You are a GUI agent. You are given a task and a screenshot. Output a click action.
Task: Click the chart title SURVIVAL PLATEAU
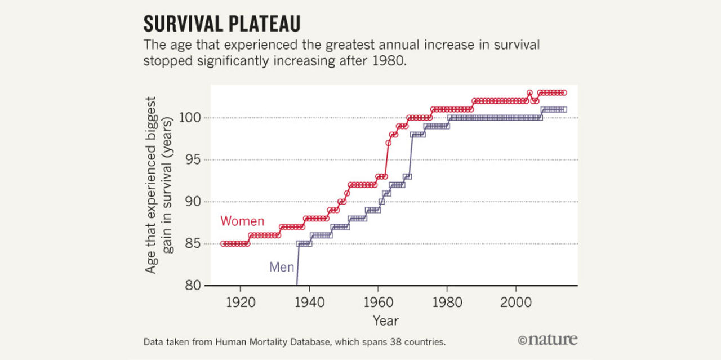(221, 24)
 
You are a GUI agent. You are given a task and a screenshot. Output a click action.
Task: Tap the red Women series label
(242, 221)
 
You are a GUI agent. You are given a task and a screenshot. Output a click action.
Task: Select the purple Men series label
(282, 266)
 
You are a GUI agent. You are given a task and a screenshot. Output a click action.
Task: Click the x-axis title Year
(385, 321)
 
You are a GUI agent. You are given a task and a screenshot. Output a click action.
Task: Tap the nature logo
(548, 340)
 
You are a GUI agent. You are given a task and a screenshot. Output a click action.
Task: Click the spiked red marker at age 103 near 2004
(529, 93)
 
